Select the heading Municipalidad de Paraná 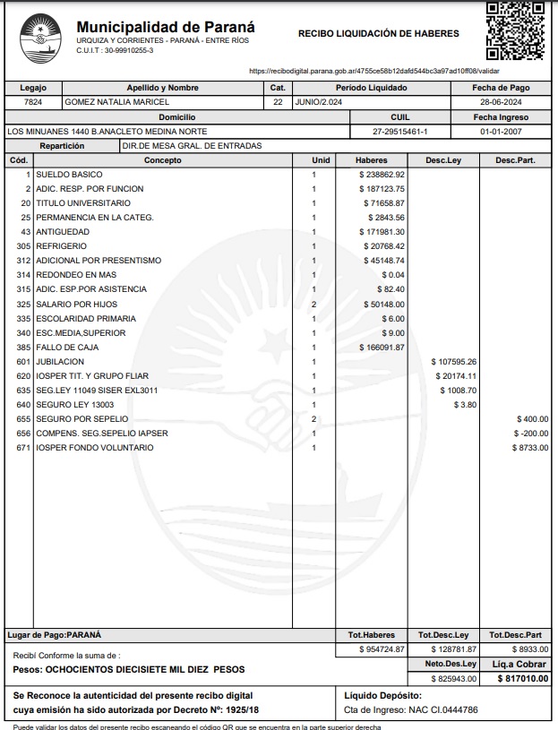point(166,27)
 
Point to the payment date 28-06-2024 point(501,103)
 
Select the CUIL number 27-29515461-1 point(399,132)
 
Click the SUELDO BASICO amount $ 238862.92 point(382,175)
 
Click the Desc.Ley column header point(443,160)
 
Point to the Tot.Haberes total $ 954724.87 point(382,648)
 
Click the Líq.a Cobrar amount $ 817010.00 point(523,679)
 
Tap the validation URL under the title point(373,70)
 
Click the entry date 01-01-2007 point(501,132)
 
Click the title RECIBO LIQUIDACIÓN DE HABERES point(378,34)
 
